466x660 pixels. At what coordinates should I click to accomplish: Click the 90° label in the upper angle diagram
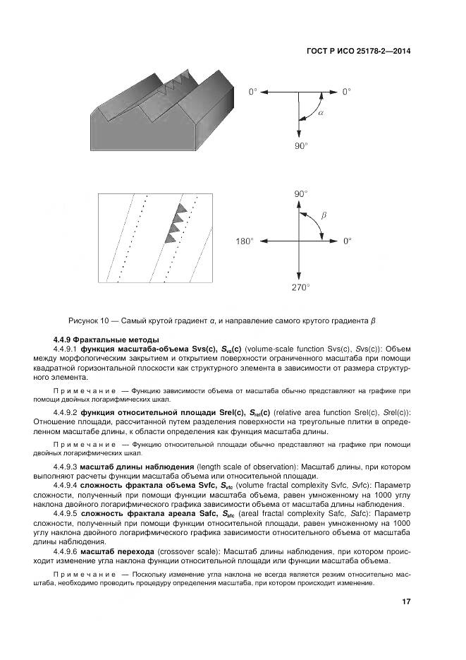click(x=301, y=145)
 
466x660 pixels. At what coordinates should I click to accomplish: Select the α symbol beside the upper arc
click(x=320, y=113)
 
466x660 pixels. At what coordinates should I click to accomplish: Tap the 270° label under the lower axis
click(x=301, y=288)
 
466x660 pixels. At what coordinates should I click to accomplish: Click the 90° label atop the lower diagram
click(x=301, y=193)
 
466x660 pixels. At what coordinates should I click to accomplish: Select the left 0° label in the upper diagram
click(x=252, y=92)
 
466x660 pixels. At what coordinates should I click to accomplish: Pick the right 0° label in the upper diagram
click(x=346, y=92)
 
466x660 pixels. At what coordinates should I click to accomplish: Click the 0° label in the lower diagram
click(x=346, y=241)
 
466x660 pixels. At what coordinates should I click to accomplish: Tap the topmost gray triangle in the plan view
click(x=180, y=208)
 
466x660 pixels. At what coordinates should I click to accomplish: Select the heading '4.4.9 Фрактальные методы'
click(x=106, y=340)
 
